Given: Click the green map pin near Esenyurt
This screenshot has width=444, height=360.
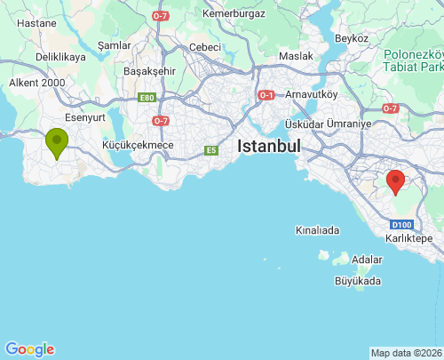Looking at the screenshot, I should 58,142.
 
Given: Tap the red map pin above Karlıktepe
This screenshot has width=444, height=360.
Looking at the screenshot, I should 396,180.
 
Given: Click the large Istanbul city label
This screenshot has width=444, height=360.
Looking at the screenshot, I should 268,147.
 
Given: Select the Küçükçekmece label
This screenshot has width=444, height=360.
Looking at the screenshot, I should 138,145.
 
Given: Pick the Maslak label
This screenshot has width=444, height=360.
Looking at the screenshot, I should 296,56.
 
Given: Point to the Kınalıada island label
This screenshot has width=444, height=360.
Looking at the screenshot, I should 317,230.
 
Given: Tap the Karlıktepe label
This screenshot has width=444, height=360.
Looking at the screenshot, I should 409,239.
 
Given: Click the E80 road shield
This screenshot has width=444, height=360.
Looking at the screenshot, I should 147,99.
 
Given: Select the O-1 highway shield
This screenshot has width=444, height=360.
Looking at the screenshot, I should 266,94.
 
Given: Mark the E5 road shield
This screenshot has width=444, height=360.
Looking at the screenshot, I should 210,150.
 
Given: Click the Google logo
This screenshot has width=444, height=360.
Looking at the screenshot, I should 29,349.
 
